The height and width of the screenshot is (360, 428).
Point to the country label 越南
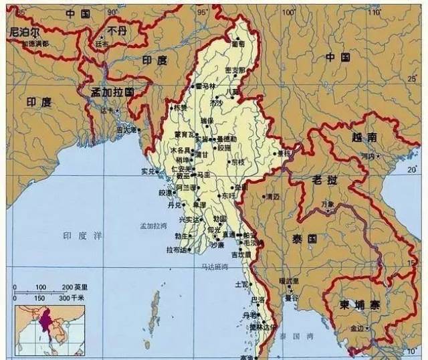[x=364, y=137]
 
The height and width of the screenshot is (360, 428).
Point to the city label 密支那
[x=236, y=70]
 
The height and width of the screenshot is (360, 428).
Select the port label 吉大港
[x=126, y=129]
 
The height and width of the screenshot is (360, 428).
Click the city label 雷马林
[x=205, y=86]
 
